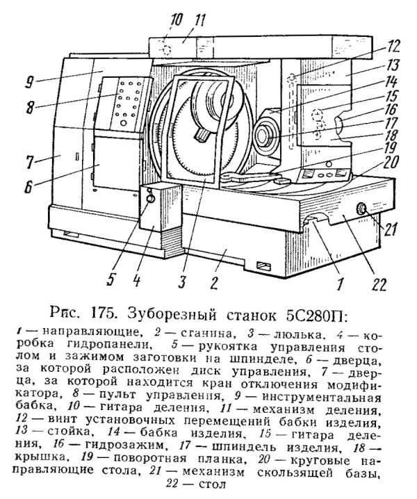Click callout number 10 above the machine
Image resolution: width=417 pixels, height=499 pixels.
176,19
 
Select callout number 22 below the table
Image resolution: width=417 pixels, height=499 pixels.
379,284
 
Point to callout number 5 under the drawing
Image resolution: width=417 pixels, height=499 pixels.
111,279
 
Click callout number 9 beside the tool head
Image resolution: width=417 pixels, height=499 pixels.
29,83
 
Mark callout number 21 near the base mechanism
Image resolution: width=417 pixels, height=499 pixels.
391,229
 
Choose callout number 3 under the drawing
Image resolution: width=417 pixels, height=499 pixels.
182,281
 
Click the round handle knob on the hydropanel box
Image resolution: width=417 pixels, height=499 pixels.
151,199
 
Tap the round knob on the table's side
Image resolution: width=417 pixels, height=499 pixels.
361,208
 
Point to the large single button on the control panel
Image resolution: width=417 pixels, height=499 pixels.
124,122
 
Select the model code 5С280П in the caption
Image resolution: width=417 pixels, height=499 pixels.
316,316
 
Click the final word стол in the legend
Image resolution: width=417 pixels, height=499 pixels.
213,484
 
